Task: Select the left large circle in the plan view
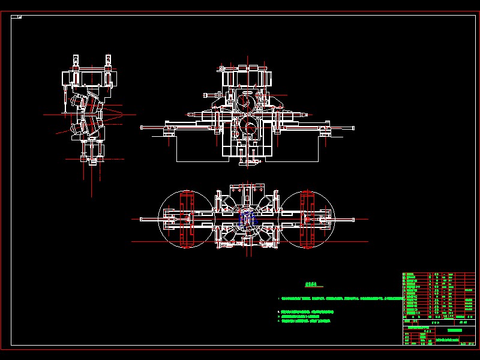(x=184, y=219)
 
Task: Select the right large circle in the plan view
(x=308, y=219)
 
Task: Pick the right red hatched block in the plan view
(x=308, y=219)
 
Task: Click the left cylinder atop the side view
(x=76, y=61)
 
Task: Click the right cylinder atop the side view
(x=108, y=61)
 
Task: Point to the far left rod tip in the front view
(x=143, y=127)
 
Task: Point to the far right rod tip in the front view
(x=352, y=127)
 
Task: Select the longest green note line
(x=339, y=298)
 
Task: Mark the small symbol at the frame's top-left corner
(x=19, y=16)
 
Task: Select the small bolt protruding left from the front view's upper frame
(x=209, y=95)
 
